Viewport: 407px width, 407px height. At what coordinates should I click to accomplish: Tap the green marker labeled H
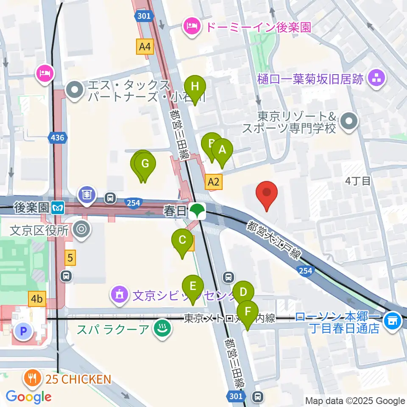pyautogui.click(x=195, y=87)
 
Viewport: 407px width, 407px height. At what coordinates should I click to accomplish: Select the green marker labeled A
pyautogui.click(x=222, y=151)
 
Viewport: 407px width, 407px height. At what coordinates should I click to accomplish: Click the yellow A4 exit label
pyautogui.click(x=145, y=47)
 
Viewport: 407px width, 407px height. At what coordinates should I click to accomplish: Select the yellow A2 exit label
pyautogui.click(x=213, y=182)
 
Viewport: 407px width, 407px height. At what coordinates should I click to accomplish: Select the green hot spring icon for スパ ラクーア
pyautogui.click(x=162, y=329)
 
